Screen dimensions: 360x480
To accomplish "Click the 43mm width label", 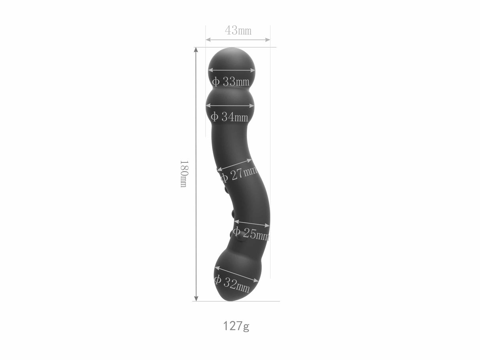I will click(x=238, y=30).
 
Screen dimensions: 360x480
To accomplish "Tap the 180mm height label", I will click(x=183, y=173).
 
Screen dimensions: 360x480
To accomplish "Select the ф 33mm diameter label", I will click(x=231, y=82).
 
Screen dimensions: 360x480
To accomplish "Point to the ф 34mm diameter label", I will click(x=229, y=117).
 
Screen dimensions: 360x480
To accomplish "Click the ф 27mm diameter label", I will click(x=238, y=174).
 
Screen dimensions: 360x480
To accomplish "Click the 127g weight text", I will click(x=236, y=326).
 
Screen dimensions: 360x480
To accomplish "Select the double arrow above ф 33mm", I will click(x=232, y=70).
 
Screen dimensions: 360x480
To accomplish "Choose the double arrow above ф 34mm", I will click(x=230, y=106).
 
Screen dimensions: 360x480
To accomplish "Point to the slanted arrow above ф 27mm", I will click(x=234, y=165).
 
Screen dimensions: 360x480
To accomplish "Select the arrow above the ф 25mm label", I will click(x=251, y=223).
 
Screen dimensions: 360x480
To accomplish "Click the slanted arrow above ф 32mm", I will click(x=236, y=274).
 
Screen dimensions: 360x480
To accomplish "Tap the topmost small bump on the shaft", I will click(x=219, y=169).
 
